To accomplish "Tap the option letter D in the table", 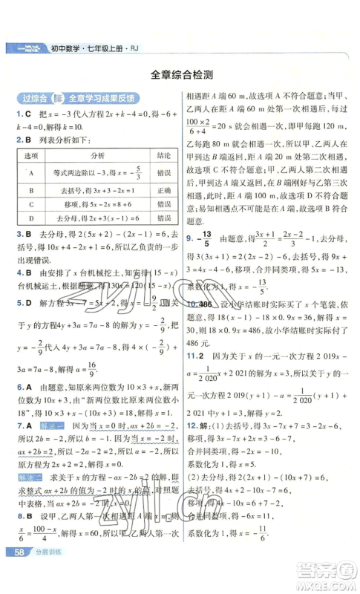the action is [x=31, y=218].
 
